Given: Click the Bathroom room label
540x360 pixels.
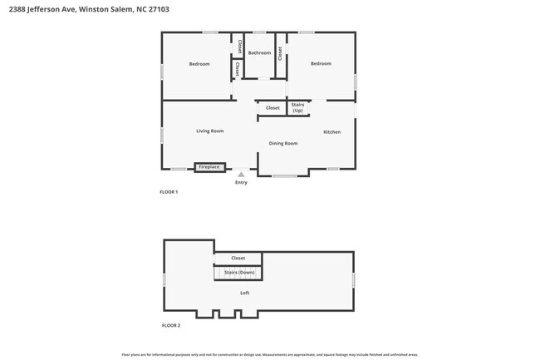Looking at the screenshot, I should [259, 53].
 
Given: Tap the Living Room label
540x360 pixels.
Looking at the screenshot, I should [209, 131].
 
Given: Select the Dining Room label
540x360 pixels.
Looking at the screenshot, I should [282, 144].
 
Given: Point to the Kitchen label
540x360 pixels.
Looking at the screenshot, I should [331, 132].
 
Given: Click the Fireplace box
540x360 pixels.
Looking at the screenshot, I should [209, 167].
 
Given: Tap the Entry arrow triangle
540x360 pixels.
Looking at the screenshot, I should [241, 175].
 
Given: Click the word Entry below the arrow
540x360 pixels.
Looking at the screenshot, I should [241, 183].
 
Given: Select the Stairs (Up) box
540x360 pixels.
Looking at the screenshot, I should [297, 108].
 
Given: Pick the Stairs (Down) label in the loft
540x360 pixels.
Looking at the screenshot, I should [239, 273].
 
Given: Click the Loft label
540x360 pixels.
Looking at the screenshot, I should [244, 293].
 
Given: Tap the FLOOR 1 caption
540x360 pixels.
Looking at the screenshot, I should [169, 192].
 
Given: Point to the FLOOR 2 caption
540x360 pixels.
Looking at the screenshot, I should [169, 325].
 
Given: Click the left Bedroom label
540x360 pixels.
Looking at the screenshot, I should [199, 64].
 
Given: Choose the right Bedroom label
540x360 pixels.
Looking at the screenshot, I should [321, 63].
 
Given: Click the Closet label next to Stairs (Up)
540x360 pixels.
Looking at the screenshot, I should [272, 108].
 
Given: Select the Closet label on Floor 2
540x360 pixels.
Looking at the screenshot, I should [238, 259].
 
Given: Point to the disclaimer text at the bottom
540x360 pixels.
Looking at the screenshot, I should [270, 353].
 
